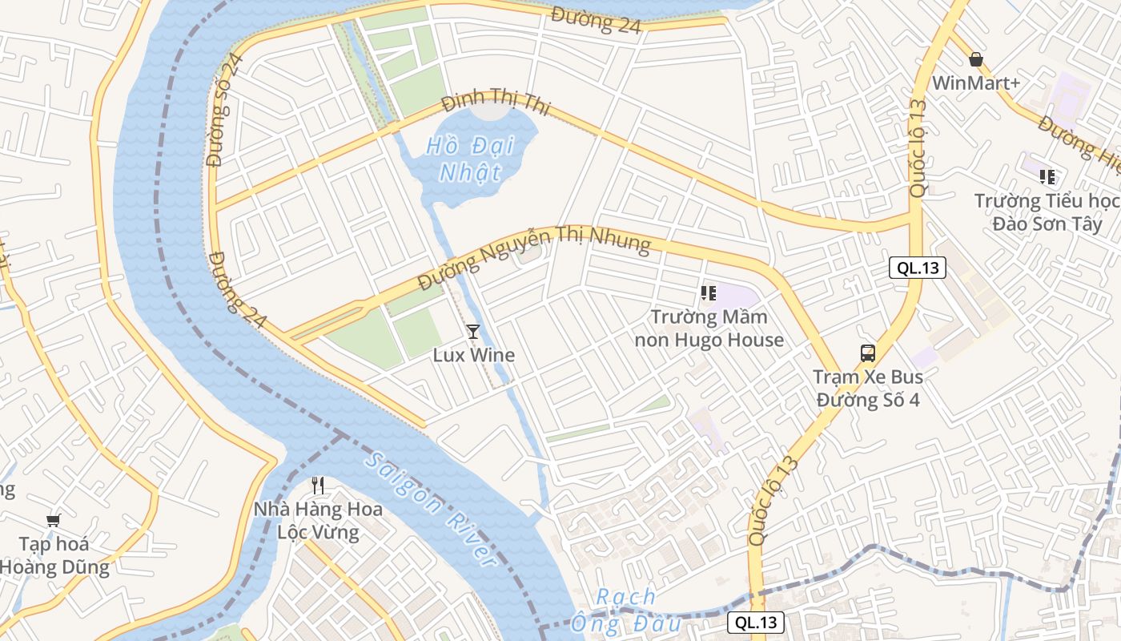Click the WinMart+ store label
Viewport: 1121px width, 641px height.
(974, 83)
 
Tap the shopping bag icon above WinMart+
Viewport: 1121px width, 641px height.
(975, 59)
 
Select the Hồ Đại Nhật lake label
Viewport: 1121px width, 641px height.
(464, 159)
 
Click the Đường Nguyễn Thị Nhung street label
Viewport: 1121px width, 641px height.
(534, 256)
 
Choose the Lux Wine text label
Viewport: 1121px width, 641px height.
(473, 355)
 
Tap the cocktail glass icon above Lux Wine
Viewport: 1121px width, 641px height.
(473, 331)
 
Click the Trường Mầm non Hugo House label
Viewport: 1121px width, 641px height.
(709, 329)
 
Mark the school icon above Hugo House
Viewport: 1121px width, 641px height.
(708, 293)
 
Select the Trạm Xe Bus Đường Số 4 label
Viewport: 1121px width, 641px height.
(868, 389)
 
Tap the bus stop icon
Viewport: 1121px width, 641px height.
(868, 353)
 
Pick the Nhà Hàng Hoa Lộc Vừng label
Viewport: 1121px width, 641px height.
(318, 520)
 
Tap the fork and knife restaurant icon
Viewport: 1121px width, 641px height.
(318, 485)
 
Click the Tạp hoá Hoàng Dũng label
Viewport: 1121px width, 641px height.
(54, 555)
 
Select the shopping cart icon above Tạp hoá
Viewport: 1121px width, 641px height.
(54, 520)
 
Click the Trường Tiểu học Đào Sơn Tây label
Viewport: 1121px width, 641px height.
(1047, 212)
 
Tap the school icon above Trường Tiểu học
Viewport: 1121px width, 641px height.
(1047, 176)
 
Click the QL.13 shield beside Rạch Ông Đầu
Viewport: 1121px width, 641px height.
(756, 623)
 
